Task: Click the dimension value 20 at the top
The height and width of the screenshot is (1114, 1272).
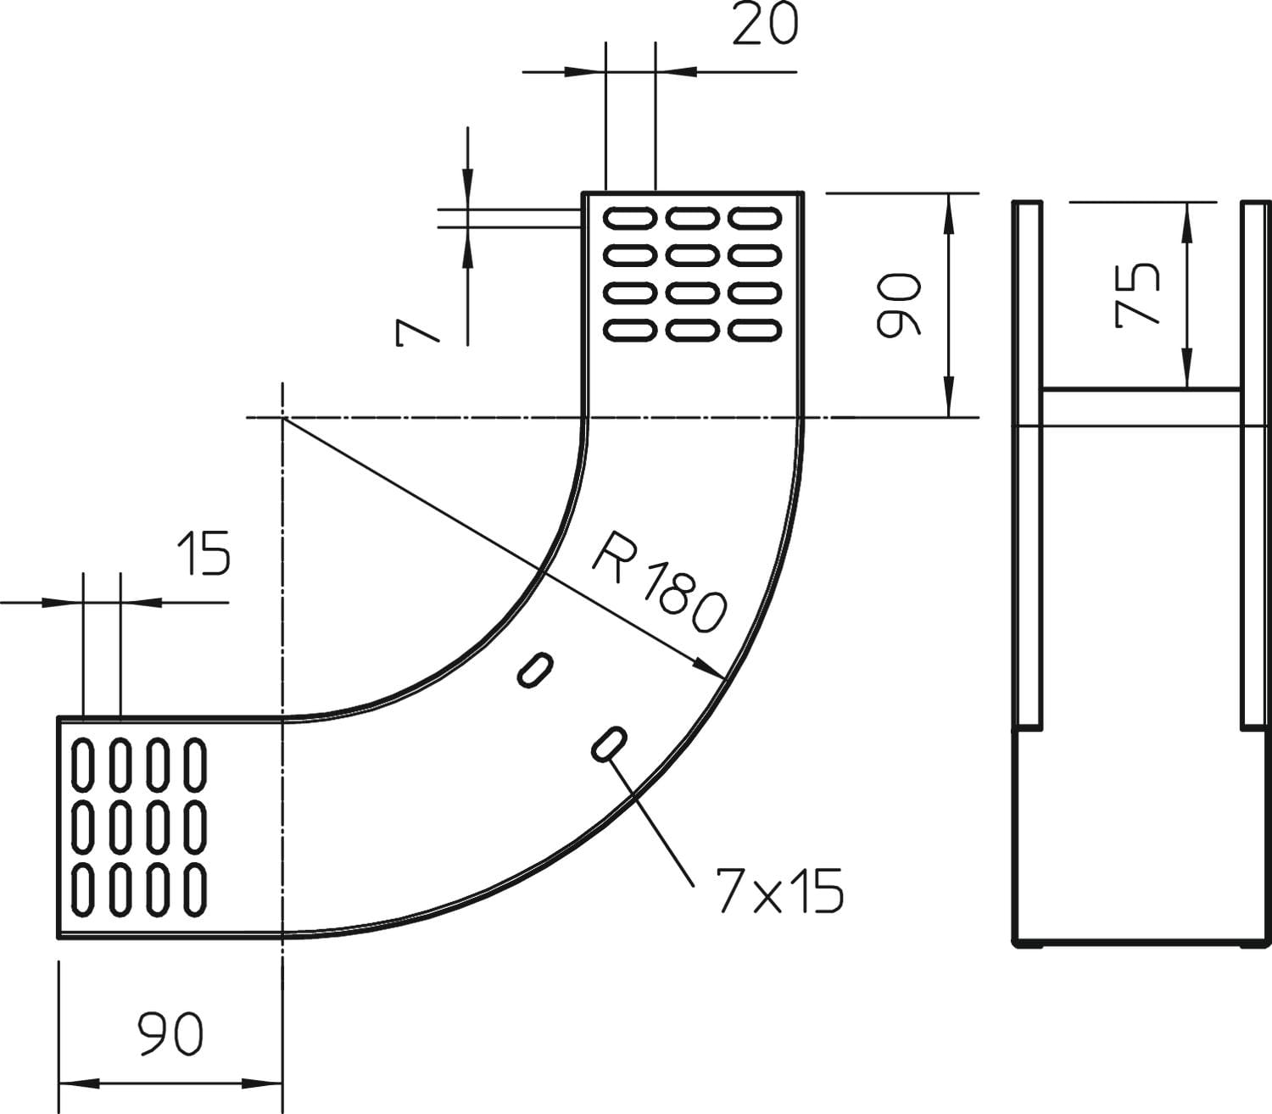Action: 765,25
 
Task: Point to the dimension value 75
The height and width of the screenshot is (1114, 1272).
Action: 1137,294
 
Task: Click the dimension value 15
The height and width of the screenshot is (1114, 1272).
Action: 204,554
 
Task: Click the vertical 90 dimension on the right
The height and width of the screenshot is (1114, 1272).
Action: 898,304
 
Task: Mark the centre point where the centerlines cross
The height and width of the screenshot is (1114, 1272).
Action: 282,418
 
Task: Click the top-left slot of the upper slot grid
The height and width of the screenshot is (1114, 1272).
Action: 630,219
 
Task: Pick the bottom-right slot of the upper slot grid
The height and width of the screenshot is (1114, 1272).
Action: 755,330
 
